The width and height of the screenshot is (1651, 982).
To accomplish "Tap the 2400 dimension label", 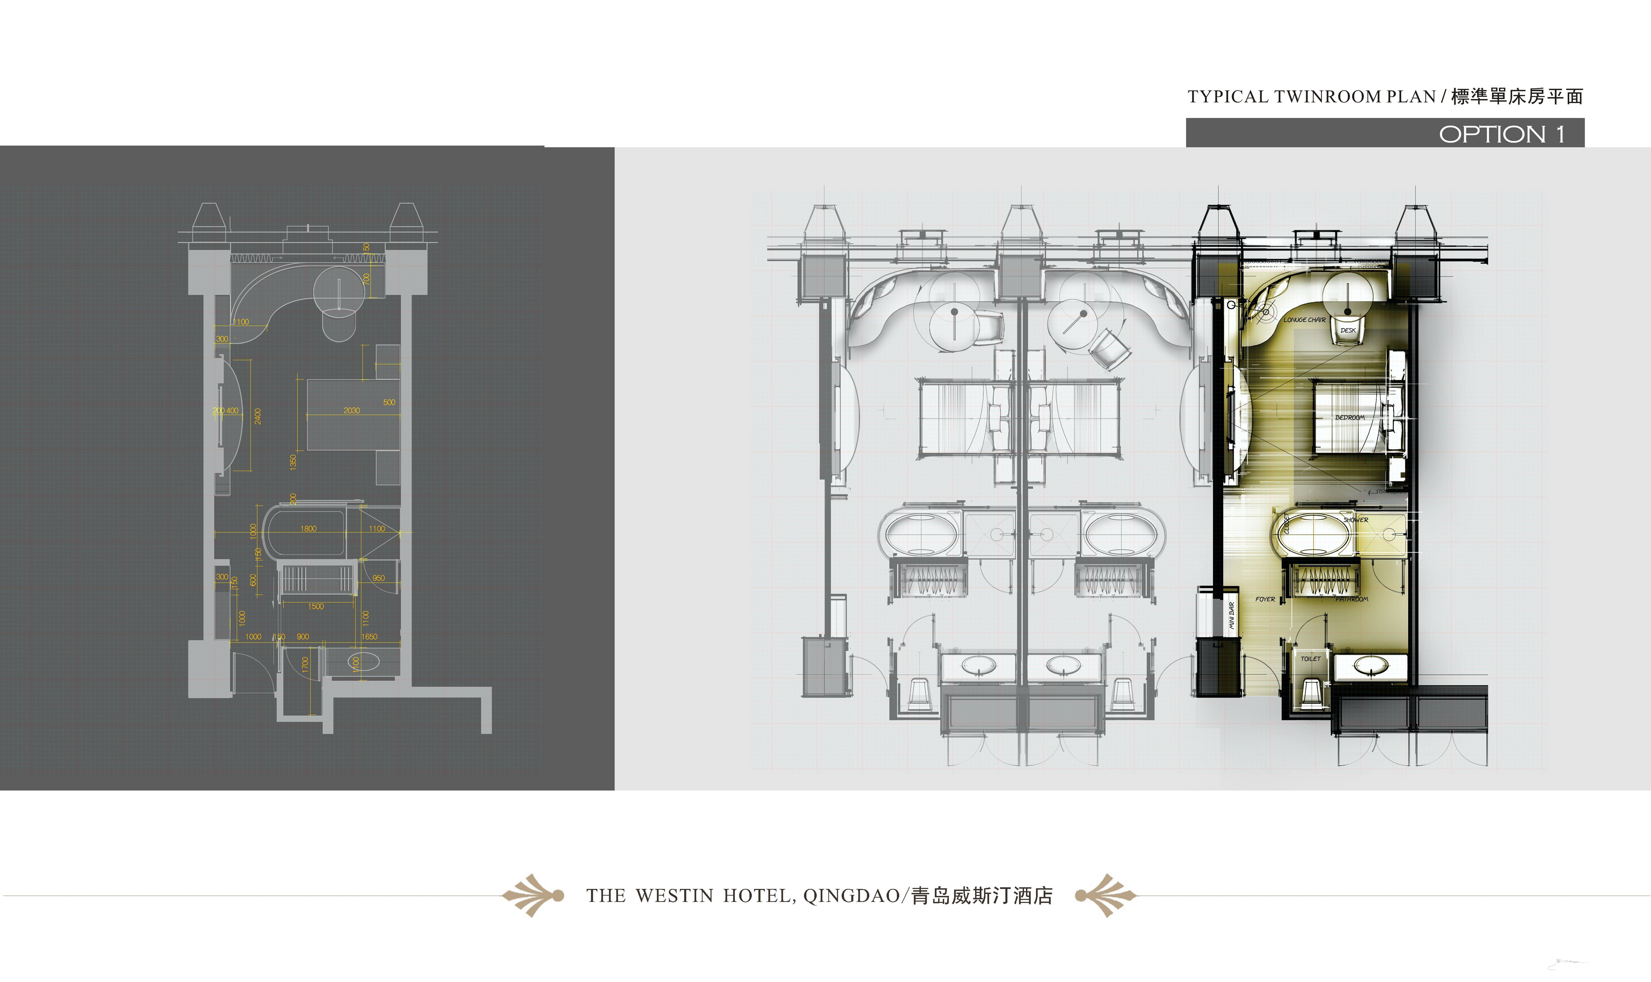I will pyautogui.click(x=258, y=416).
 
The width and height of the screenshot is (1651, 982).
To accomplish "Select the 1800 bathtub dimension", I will pyautogui.click(x=309, y=529).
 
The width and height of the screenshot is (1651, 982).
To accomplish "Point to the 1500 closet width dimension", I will pyautogui.click(x=316, y=606).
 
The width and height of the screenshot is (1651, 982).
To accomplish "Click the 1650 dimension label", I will pyautogui.click(x=369, y=636).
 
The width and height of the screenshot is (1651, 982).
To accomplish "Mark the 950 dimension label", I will pyautogui.click(x=379, y=578).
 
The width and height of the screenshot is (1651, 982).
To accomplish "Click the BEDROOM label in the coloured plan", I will pyautogui.click(x=1349, y=418).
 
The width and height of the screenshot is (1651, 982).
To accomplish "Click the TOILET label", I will pyautogui.click(x=1310, y=658).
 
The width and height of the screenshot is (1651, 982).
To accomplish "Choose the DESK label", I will pyautogui.click(x=1348, y=330).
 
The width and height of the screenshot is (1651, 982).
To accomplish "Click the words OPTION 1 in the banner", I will pyautogui.click(x=1501, y=134).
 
